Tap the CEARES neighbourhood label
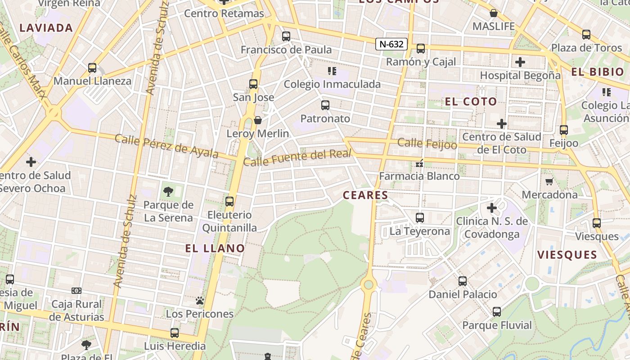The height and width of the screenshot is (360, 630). coord(365,195)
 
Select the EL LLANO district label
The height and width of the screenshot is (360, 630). coord(215,248)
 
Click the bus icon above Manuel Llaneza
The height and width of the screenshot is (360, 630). coord(92,68)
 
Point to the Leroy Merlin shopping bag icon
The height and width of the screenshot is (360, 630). coord(258,120)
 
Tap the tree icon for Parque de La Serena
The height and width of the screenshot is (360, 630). coord(168,192)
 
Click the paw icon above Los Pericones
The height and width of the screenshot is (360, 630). coord(200,300)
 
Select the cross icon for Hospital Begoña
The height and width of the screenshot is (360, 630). coord(520,62)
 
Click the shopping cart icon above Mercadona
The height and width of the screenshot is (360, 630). coord(549,181)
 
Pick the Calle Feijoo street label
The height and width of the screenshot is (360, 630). coord(427,144)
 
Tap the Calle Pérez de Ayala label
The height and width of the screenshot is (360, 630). coord(166,146)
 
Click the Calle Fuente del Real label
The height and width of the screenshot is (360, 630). coord(297,157)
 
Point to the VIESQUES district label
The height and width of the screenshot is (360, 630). coord(567,255)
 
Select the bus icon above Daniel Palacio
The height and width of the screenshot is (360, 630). coord(463,281)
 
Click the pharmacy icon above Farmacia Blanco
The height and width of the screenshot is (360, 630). coord(420,163)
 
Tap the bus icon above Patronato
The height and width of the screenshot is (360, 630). coord(325,105)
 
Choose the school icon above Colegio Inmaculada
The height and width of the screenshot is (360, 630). coord(332,71)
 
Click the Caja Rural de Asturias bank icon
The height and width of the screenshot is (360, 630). coord(77,291)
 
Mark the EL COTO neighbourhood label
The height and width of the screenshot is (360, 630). coord(471,101)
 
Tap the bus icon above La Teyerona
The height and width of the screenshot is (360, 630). coord(420,218)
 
